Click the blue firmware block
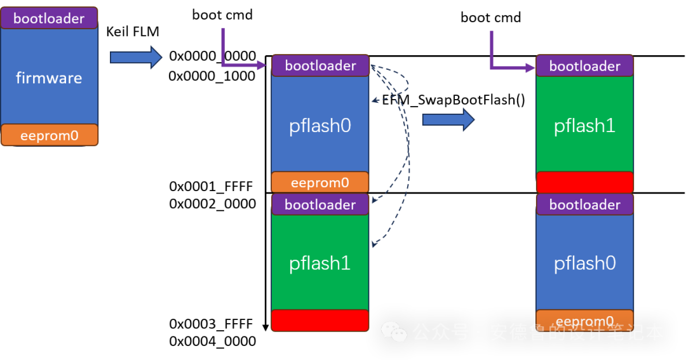click(49, 77)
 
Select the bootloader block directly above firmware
click(49, 18)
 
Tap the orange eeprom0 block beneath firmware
click(49, 135)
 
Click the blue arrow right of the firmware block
click(136, 57)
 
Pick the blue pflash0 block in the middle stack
click(320, 125)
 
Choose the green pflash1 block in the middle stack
click(320, 262)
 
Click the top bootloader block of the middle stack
click(320, 65)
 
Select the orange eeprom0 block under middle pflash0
click(320, 182)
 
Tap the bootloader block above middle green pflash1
click(320, 204)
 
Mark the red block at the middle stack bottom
click(320, 320)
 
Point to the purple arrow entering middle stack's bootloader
click(242, 64)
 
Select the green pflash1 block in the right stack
click(584, 125)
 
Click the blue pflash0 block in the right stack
click(584, 262)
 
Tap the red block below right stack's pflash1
click(584, 182)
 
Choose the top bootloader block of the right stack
click(584, 66)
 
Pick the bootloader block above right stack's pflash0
click(584, 204)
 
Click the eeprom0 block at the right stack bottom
click(584, 320)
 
